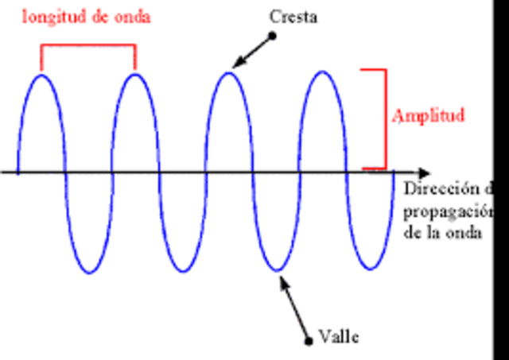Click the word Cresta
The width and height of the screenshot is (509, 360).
click(x=293, y=17)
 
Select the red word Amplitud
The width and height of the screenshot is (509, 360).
click(x=427, y=116)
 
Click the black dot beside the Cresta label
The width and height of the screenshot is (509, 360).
click(x=272, y=35)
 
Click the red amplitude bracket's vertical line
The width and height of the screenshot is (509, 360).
click(x=386, y=119)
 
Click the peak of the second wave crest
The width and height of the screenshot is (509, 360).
click(x=135, y=74)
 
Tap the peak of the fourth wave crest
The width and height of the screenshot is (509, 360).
click(x=322, y=72)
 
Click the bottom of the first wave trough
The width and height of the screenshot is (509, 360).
click(x=89, y=273)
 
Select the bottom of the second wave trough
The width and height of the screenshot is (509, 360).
click(x=183, y=273)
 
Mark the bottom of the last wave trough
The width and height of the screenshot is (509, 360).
click(x=370, y=270)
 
